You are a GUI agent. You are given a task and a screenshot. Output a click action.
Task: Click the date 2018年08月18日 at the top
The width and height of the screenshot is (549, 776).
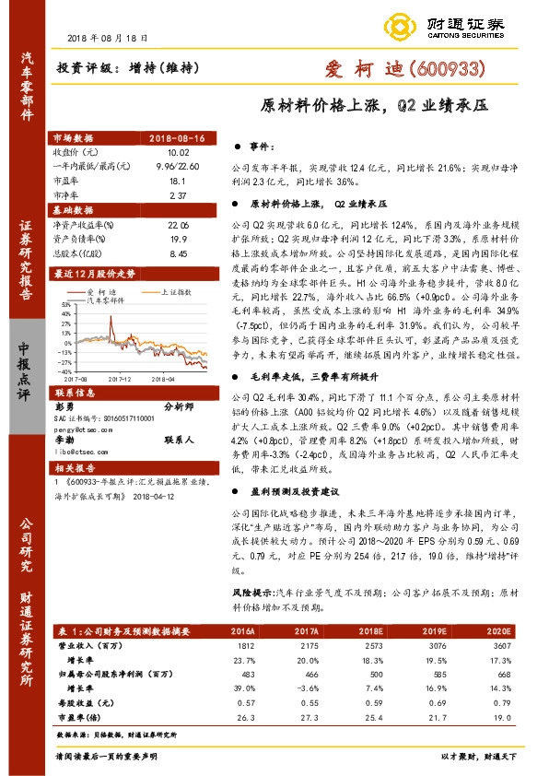click(x=108, y=38)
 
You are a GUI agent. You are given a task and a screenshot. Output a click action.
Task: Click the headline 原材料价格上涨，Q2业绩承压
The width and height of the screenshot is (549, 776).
click(x=373, y=105)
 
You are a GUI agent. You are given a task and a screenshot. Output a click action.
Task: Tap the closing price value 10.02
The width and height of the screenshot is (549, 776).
click(x=179, y=151)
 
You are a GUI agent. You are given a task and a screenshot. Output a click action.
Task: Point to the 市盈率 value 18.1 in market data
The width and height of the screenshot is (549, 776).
click(x=179, y=182)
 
